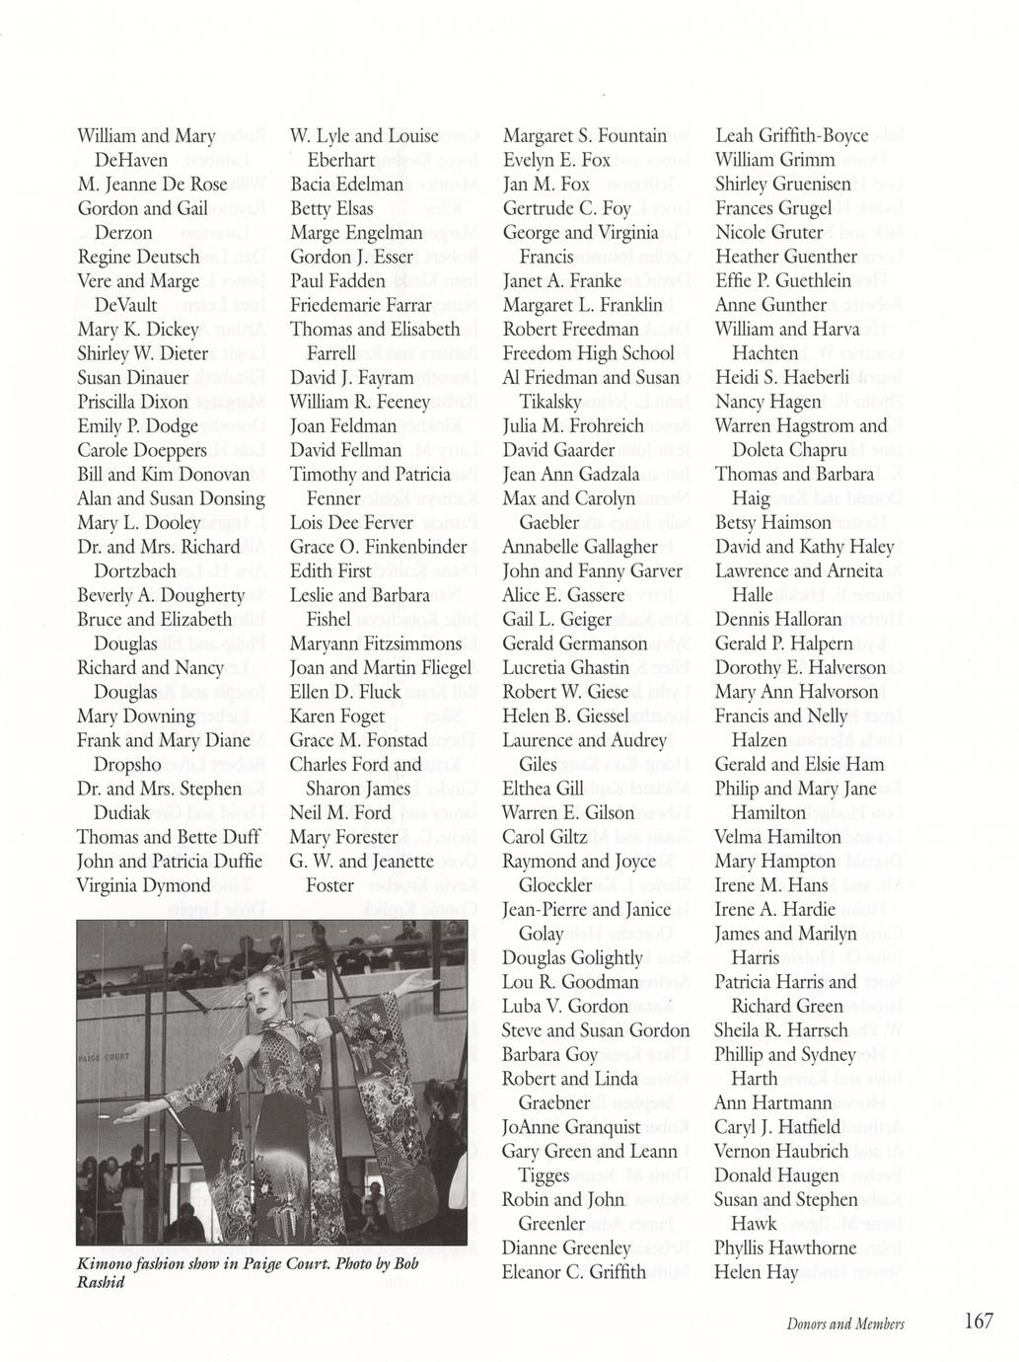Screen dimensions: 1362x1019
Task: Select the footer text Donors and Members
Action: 845,1324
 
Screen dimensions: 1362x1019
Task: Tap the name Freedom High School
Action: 588,353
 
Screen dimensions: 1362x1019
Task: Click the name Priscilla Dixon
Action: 132,402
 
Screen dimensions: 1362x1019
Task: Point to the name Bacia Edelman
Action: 346,185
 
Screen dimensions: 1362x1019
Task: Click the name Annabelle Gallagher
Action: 579,547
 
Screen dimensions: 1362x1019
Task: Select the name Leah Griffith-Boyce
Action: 791,136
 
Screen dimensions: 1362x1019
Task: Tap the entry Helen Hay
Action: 756,1272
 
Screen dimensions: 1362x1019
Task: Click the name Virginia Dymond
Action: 144,885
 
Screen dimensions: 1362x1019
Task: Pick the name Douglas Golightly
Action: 572,957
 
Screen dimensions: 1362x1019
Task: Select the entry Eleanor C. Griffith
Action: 573,1272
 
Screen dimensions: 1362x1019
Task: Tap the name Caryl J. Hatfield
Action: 777,1127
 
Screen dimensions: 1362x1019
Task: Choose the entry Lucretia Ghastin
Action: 565,668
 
